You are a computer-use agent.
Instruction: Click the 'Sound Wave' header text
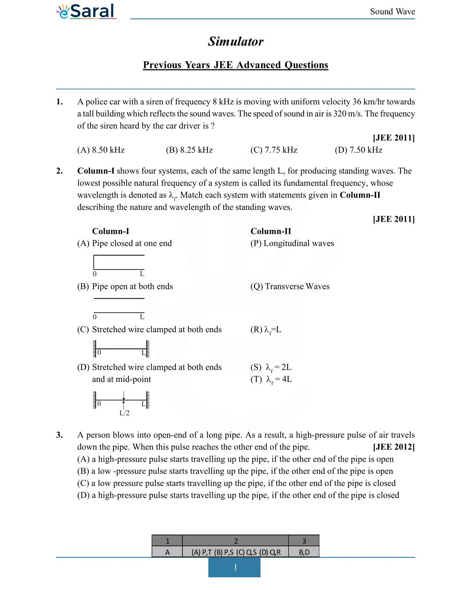coord(392,11)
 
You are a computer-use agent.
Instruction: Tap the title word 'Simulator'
coord(235,41)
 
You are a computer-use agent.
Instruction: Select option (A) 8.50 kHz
coord(101,150)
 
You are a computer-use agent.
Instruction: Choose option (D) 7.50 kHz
coord(358,150)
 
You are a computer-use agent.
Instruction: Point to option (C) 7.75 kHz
coord(274,150)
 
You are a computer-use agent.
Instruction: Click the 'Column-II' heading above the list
coord(271,231)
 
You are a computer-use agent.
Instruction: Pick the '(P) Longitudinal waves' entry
coord(292,243)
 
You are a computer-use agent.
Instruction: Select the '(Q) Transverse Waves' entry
coord(290,286)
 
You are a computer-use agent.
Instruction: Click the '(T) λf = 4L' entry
coord(271,379)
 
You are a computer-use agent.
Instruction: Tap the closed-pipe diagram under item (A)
coord(119,263)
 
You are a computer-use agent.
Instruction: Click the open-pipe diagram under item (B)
coord(119,306)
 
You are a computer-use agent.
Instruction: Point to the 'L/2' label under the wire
coord(124,413)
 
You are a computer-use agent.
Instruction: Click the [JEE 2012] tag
coord(393,447)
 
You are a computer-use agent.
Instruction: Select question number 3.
coord(59,435)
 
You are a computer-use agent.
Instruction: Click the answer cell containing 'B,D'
coord(304,552)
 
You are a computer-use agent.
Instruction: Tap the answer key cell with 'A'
coord(167,552)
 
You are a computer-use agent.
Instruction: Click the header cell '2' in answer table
coord(235,541)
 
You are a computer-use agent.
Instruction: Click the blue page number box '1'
coord(235,567)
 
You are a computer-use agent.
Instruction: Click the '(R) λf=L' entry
coord(266,330)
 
